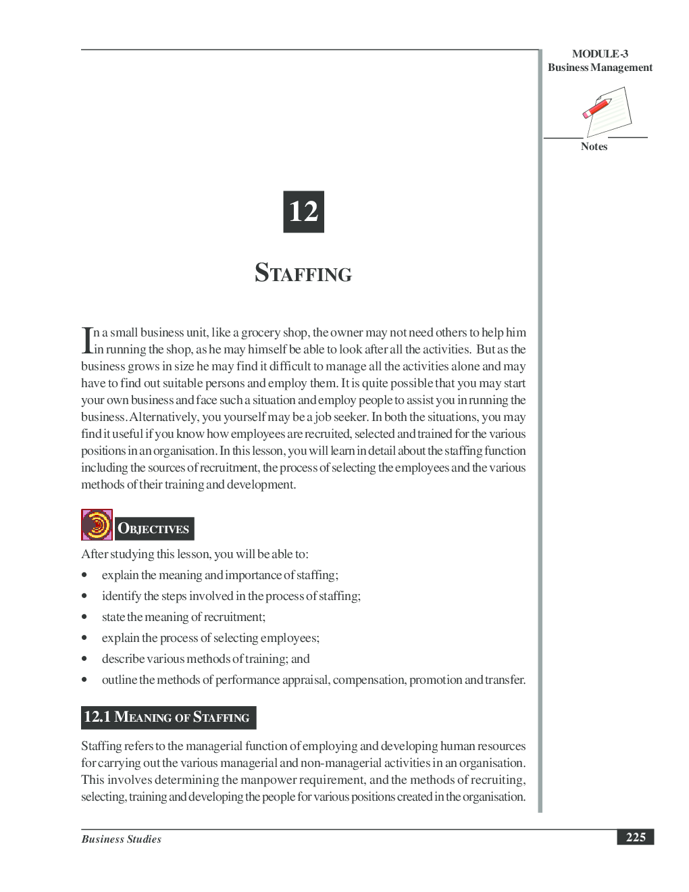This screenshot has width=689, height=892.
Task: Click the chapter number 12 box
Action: click(x=303, y=212)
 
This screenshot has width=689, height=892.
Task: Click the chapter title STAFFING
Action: click(x=303, y=273)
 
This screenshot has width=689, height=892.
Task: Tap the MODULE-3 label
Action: click(x=600, y=54)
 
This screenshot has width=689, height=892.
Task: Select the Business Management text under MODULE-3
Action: click(x=600, y=68)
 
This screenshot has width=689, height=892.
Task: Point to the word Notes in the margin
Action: click(x=594, y=147)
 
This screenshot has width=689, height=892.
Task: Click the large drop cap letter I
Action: click(x=86, y=340)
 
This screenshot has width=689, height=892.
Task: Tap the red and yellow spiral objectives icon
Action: click(x=97, y=525)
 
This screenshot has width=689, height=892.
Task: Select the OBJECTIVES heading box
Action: click(x=154, y=528)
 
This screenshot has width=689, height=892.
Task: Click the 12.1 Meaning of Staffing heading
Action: click(x=168, y=717)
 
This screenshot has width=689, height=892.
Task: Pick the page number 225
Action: click(x=635, y=837)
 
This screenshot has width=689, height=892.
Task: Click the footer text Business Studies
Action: click(x=122, y=839)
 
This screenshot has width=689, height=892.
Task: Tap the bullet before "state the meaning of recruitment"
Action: click(x=84, y=617)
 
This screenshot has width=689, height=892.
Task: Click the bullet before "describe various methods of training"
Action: click(x=84, y=659)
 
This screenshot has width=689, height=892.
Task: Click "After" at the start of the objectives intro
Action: click(x=95, y=554)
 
